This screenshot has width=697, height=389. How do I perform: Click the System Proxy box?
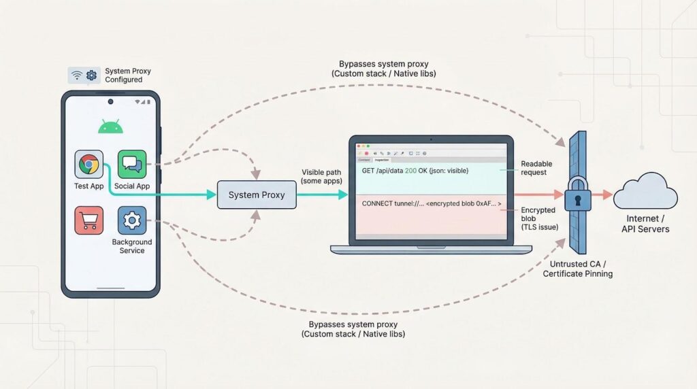[253, 195]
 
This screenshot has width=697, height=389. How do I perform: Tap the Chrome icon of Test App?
[88, 165]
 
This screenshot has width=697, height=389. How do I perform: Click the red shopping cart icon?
[88, 220]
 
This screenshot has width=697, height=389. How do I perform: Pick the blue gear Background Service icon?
[131, 220]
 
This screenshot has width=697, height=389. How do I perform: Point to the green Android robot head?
[110, 127]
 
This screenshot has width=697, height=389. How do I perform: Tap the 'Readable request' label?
[536, 168]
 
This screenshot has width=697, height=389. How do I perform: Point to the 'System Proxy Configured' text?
[128, 75]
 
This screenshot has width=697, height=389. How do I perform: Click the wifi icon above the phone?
[77, 75]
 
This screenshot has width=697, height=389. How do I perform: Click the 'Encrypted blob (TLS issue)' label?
[539, 220]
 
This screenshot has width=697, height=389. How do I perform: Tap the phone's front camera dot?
[110, 102]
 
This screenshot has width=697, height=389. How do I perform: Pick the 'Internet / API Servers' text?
[645, 224]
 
